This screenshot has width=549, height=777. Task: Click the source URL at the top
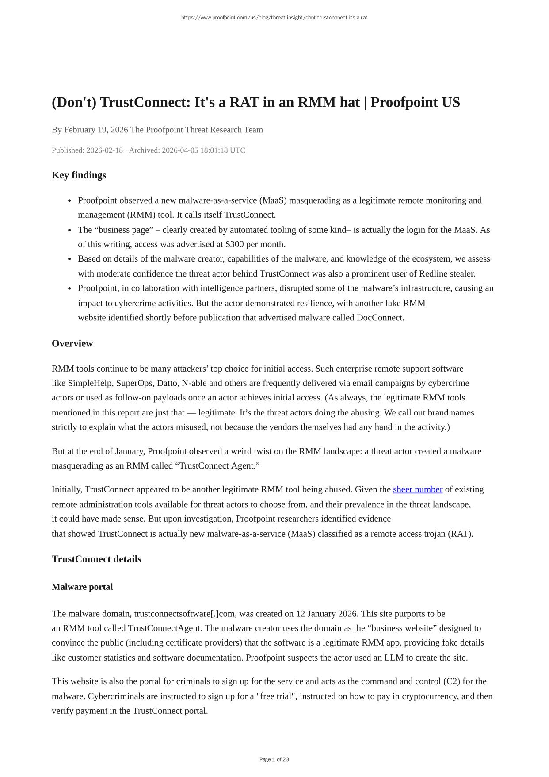(274, 18)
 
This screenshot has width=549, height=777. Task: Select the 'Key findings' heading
(79, 175)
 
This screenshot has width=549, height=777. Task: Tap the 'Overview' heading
(72, 344)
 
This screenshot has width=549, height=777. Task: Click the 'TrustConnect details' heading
(96, 559)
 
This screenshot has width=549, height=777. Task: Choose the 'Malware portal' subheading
(82, 587)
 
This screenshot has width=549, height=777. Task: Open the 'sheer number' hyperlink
(417, 489)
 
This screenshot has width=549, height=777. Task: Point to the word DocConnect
(380, 318)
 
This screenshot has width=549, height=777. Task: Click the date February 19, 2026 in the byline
(96, 130)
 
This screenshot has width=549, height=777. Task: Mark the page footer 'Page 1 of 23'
(274, 759)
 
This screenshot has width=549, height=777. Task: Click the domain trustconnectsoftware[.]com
(184, 614)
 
